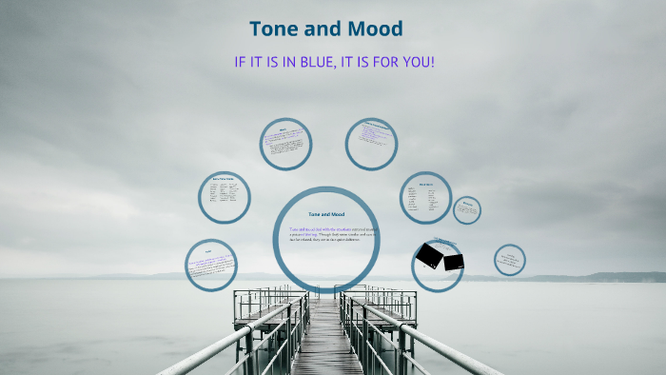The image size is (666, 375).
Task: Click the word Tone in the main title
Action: [275, 30]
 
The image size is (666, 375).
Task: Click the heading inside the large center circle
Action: [326, 215]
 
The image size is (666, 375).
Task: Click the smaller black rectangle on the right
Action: [454, 262]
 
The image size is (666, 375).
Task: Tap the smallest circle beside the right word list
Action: [466, 209]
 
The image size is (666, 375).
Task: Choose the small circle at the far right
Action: [510, 259]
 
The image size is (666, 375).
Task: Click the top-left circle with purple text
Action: [285, 144]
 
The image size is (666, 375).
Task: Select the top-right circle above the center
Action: [371, 144]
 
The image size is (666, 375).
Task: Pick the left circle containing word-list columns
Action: [224, 196]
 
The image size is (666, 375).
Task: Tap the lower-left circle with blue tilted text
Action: [210, 266]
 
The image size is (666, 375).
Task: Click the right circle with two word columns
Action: [424, 197]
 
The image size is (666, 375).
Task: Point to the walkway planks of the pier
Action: [323, 343]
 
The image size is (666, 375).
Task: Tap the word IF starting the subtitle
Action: [241, 62]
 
